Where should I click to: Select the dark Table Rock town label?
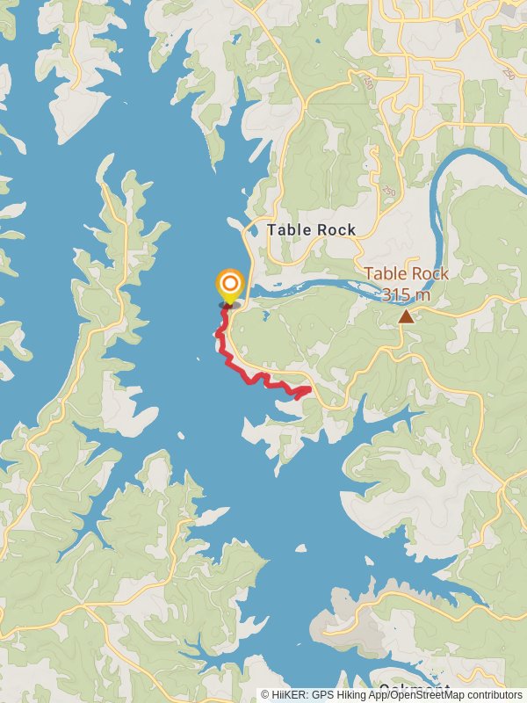311,230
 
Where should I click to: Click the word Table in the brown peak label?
384,274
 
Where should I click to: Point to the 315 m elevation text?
406,294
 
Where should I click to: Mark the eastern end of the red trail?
309,389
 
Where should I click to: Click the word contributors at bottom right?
493,695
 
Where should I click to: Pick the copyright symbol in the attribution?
265,695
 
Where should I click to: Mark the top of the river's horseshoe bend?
474,155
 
